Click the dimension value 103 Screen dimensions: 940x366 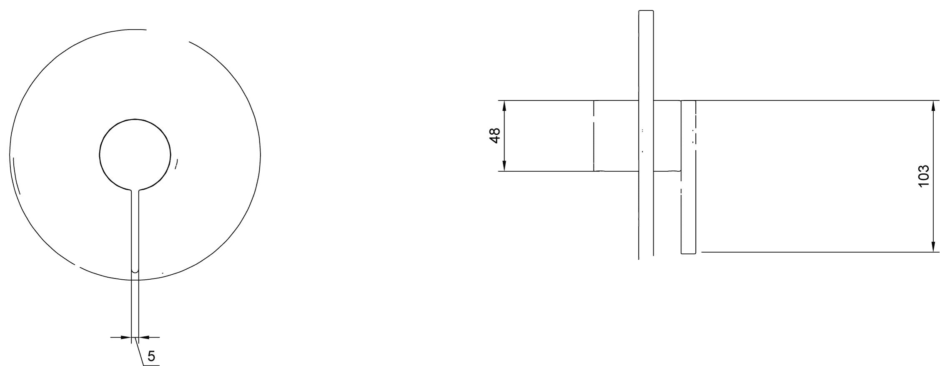pos(923,176)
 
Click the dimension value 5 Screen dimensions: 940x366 pos(151,356)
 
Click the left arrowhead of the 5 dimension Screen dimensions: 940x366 pos(126,337)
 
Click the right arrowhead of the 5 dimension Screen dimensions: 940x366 pos(144,337)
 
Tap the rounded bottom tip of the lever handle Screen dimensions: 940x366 pos(135,271)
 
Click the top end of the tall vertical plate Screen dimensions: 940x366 pos(646,11)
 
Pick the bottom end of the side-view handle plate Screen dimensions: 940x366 pos(688,253)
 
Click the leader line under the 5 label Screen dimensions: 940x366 pos(152,366)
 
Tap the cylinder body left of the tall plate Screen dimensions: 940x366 pos(616,136)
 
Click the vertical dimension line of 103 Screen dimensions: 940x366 pos(932,176)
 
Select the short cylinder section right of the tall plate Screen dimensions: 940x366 pos(667,136)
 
